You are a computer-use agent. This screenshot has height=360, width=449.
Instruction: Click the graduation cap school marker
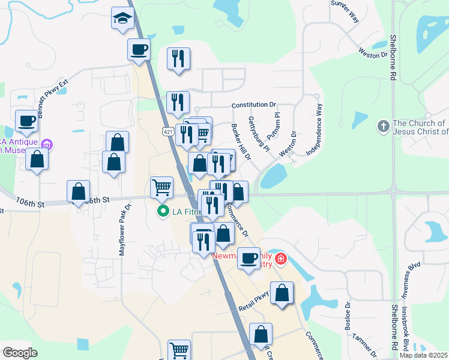(x=122, y=18)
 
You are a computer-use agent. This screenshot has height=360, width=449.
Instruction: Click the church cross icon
(x=383, y=127)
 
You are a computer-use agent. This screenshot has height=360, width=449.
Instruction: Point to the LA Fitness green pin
(x=162, y=212)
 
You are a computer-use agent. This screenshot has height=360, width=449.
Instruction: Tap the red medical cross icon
(x=280, y=260)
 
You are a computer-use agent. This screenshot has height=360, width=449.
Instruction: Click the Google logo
(x=20, y=353)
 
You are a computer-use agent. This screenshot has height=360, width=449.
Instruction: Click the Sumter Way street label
(x=346, y=11)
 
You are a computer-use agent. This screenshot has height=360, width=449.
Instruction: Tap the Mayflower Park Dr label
(x=124, y=231)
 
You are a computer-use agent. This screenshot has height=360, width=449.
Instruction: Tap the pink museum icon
(x=48, y=144)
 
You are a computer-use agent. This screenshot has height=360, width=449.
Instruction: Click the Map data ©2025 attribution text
(x=423, y=355)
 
